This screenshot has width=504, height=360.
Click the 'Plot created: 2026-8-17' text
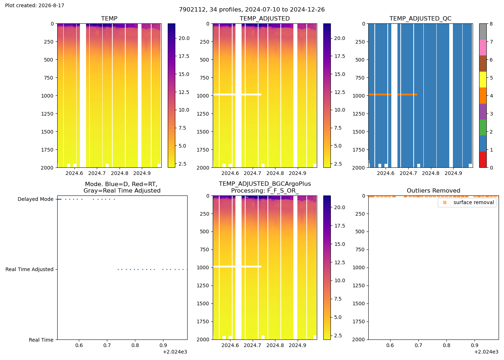(x=35, y=5)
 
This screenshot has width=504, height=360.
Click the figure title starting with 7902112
(x=252, y=9)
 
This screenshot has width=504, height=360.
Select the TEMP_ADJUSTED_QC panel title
(x=420, y=18)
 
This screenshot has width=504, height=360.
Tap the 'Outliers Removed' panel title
(x=433, y=190)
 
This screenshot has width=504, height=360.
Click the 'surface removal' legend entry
(x=474, y=202)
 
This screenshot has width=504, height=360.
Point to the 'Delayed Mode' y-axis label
(x=36, y=199)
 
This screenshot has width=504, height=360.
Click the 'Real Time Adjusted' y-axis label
(x=30, y=269)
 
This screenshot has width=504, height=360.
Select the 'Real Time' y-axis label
(x=41, y=340)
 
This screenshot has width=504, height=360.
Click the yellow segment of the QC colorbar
(x=483, y=80)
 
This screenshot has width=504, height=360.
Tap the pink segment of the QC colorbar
(x=483, y=48)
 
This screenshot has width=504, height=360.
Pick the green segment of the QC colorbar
(x=483, y=127)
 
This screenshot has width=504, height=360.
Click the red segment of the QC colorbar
(x=483, y=159)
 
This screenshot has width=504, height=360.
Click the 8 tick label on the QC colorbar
(x=491, y=24)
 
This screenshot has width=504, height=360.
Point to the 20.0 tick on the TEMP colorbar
(x=184, y=38)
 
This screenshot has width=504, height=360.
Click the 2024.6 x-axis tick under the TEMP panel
(x=74, y=173)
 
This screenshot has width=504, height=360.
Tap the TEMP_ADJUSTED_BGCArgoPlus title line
(x=265, y=184)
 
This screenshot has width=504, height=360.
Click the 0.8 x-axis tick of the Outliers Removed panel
(x=446, y=345)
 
